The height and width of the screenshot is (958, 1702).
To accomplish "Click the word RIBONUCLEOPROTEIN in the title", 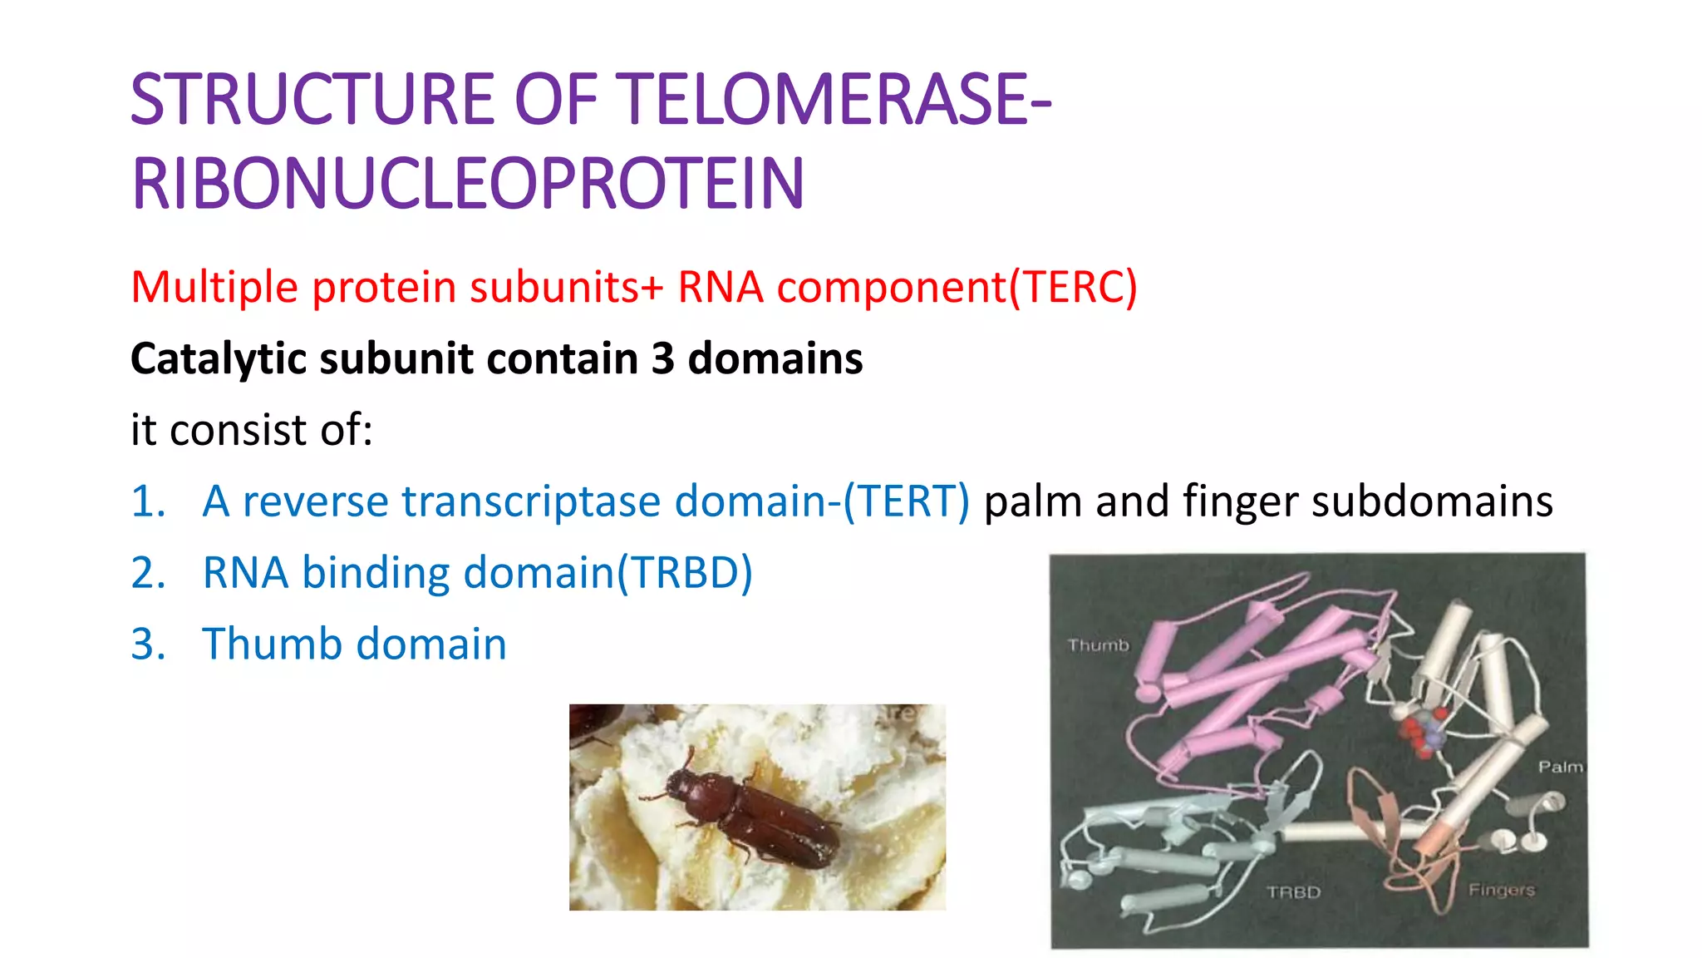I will tap(468, 185).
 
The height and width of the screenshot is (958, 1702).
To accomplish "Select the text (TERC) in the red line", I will tap(1072, 288).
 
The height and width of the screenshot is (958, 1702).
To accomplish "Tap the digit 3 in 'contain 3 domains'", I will tap(662, 359).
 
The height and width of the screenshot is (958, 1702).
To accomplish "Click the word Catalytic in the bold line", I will tap(219, 359).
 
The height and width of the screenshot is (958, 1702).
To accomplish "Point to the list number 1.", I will tap(148, 502).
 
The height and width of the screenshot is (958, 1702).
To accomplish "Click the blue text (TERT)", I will tap(906, 502).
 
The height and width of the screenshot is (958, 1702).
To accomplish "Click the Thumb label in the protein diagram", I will tap(1098, 645).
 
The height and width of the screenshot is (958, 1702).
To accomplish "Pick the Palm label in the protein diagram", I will tap(1559, 767).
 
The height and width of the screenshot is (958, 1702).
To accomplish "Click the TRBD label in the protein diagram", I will tap(1293, 892).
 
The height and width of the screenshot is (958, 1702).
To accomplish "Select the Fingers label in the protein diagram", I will tap(1501, 890).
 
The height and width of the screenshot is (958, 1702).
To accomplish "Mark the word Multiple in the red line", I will tap(214, 288).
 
